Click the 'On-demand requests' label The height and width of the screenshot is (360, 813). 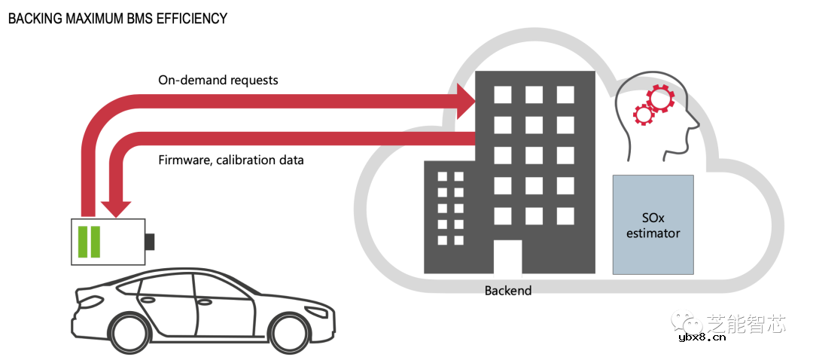tap(218, 80)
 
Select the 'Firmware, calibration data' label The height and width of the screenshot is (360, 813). tap(231, 160)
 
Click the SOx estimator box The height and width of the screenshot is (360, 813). tap(653, 224)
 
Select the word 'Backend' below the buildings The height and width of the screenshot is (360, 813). tap(508, 290)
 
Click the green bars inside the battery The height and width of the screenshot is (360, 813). tap(89, 241)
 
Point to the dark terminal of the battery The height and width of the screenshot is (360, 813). tap(150, 242)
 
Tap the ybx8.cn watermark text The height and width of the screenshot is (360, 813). tap(702, 337)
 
